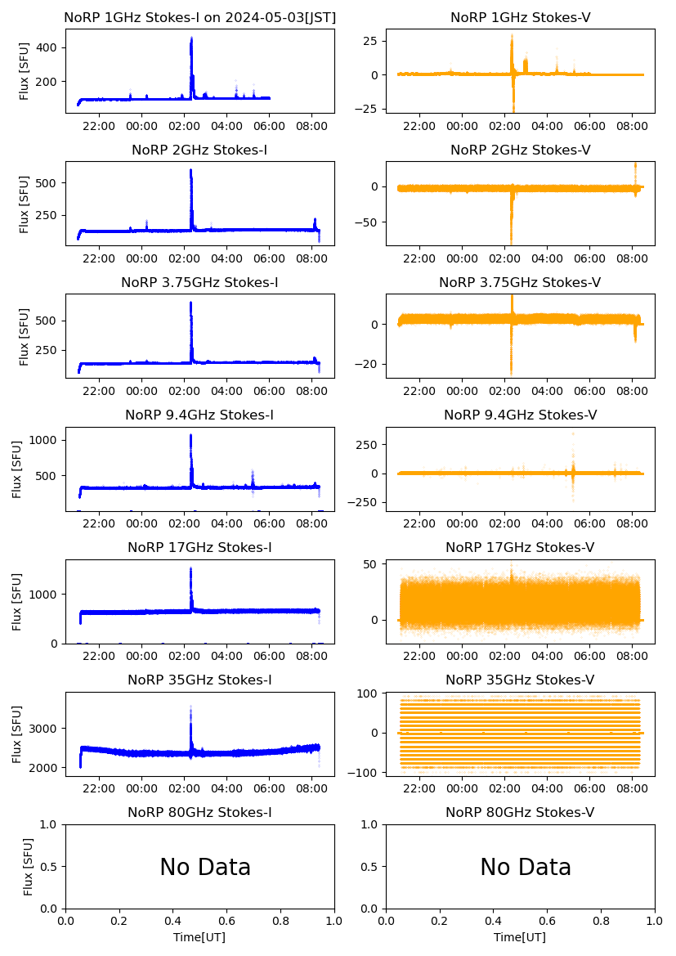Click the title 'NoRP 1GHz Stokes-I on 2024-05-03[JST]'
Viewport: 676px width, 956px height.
pyautogui.click(x=199, y=17)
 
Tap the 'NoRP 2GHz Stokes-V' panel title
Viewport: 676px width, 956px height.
pyautogui.click(x=520, y=150)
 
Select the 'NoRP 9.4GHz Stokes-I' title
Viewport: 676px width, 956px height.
pyautogui.click(x=199, y=415)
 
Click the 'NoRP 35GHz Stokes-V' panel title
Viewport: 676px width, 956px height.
pyautogui.click(x=520, y=680)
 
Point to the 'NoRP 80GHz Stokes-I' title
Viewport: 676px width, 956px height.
pyautogui.click(x=199, y=812)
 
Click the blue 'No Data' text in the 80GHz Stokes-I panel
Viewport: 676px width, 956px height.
pyautogui.click(x=205, y=867)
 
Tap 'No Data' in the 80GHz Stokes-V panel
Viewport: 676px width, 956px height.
pyautogui.click(x=526, y=867)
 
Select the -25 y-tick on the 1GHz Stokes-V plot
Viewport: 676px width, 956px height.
pyautogui.click(x=369, y=110)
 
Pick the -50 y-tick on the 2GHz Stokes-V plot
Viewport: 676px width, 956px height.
pyautogui.click(x=369, y=222)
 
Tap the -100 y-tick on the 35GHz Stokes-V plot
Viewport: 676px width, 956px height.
pyautogui.click(x=366, y=772)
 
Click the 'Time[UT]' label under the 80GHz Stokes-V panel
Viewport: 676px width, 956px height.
pyautogui.click(x=520, y=937)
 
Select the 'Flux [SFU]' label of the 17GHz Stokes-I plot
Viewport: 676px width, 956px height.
pyautogui.click(x=17, y=601)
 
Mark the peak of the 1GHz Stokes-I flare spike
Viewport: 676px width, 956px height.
pyautogui.click(x=191, y=38)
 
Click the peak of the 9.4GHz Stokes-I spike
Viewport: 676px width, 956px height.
pyautogui.click(x=190, y=435)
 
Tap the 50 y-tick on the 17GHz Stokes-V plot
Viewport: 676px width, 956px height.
pyautogui.click(x=372, y=564)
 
